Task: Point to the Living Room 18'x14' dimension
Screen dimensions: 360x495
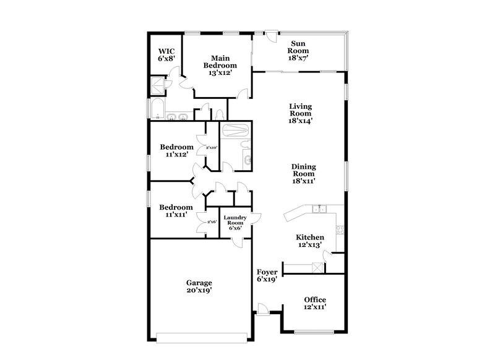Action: click(x=300, y=121)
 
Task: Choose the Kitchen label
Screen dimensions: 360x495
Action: click(x=309, y=237)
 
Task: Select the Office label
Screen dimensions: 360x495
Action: click(x=314, y=299)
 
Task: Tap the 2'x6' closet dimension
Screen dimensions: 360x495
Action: click(x=211, y=222)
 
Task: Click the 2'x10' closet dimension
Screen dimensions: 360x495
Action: click(x=212, y=147)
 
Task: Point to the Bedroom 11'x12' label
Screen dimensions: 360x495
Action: click(x=176, y=147)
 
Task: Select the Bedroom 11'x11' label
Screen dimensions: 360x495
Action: click(x=176, y=207)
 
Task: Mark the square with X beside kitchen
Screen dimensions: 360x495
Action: click(x=317, y=267)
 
